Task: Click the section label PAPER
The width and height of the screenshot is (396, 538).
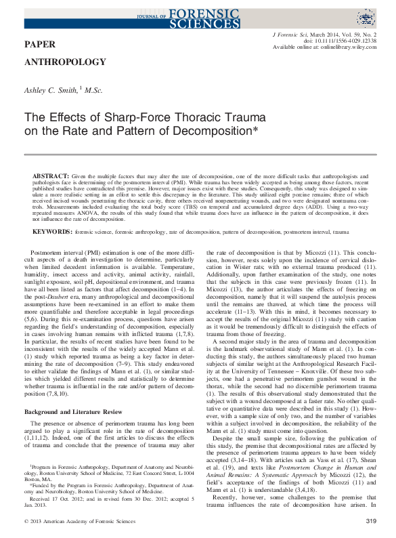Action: coord(39,44)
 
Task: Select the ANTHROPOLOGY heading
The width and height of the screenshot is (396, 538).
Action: coord(65,62)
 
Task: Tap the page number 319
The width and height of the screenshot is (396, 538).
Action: coord(370,520)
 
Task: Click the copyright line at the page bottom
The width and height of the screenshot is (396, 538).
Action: coord(74,520)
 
